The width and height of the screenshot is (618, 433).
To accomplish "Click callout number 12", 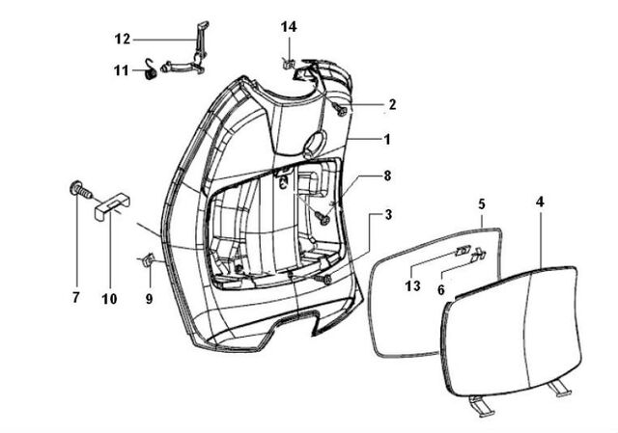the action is [123, 40].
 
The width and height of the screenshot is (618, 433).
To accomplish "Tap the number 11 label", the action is [122, 70].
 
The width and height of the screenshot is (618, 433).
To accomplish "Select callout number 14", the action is [289, 27].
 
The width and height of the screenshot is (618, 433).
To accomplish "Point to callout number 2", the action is [392, 105].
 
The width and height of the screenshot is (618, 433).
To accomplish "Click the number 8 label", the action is [387, 176].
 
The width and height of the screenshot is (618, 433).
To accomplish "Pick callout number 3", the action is [388, 215].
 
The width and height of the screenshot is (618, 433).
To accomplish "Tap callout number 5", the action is [482, 204].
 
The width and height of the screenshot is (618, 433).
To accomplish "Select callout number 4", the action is [540, 202].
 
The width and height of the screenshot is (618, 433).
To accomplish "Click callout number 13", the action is [412, 286].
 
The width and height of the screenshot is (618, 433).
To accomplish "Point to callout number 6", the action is [441, 290].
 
